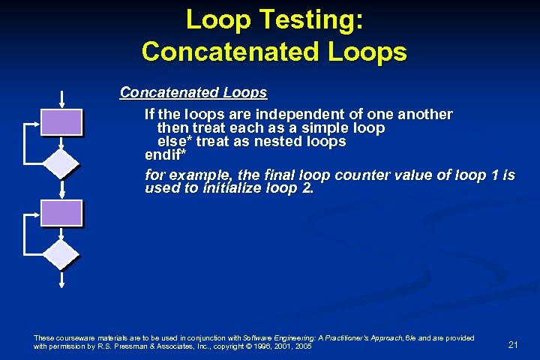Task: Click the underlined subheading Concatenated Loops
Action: (x=193, y=93)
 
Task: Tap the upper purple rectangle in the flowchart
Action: (x=61, y=122)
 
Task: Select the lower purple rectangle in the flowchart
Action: (x=61, y=213)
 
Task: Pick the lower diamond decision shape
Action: (x=61, y=253)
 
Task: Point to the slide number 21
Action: (x=513, y=344)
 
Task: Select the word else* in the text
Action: (x=174, y=141)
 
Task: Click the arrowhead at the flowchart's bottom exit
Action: (x=61, y=283)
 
